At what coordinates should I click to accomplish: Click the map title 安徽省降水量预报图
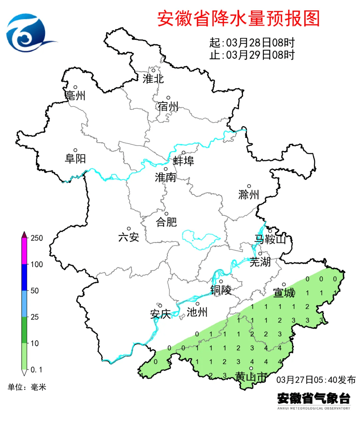coord(238,18)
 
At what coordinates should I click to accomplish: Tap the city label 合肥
coord(166,222)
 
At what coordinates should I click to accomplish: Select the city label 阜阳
coord(75,159)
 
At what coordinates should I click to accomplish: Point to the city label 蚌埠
coord(183,161)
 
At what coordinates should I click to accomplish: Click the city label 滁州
coord(249,195)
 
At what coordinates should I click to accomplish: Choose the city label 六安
coord(129,237)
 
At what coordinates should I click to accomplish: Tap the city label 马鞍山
coord(270,239)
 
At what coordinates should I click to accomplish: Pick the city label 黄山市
coord(251,377)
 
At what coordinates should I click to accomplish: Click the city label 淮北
coord(153,79)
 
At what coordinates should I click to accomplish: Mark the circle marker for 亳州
coord(75,87)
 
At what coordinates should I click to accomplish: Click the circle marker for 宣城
coord(284,284)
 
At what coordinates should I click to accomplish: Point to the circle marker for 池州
coord(197,304)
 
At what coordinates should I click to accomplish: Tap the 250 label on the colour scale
coord(37,238)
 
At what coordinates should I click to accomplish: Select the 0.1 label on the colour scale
coord(36,370)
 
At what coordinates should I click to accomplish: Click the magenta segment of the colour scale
coord(24,251)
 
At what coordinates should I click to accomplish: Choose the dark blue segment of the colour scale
coord(24,277)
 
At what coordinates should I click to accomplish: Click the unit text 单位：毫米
coord(27,387)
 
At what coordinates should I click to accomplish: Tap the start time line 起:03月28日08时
coord(252,43)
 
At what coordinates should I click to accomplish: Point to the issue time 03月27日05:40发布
coord(316,380)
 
